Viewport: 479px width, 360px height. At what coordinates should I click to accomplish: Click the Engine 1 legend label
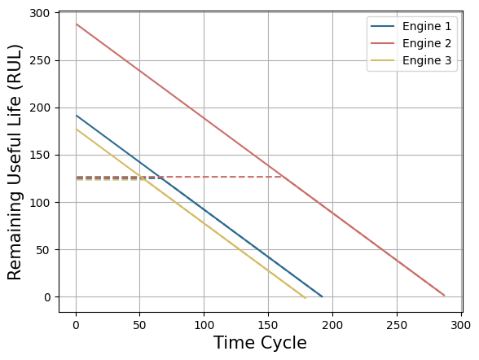tap(427, 27)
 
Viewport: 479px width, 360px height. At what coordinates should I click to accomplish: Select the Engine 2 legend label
tap(427, 44)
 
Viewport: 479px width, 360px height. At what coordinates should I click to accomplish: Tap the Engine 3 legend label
tap(427, 61)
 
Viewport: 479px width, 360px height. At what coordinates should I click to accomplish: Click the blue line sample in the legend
tap(383, 26)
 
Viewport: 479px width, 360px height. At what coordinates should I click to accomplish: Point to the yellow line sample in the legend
tap(383, 60)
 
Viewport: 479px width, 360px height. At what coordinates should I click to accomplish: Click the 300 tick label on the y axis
tap(40, 13)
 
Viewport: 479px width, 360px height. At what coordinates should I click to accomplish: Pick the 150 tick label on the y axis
tap(40, 155)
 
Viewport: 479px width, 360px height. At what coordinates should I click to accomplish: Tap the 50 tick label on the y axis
tap(43, 250)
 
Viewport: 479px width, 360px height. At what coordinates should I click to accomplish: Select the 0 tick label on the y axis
tap(47, 297)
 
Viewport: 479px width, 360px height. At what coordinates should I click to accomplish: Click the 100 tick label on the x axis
tap(204, 325)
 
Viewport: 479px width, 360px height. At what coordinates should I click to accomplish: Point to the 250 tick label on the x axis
tap(397, 325)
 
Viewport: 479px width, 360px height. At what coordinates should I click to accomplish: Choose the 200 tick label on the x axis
tap(332, 325)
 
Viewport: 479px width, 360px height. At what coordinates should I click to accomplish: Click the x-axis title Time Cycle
tap(260, 343)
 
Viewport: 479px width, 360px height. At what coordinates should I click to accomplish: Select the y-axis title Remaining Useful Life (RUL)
tap(15, 162)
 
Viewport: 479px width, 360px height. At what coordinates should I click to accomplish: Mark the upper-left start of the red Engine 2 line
tap(76, 24)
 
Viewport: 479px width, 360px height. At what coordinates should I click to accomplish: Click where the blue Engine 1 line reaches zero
tap(323, 296)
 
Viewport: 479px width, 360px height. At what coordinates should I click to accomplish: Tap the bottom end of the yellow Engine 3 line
tap(305, 298)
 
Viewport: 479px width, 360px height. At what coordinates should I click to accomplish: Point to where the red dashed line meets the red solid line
tap(282, 177)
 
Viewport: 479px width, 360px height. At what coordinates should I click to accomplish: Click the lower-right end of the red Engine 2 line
tap(445, 296)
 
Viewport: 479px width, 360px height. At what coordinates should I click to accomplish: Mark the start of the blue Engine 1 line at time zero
tap(76, 116)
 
